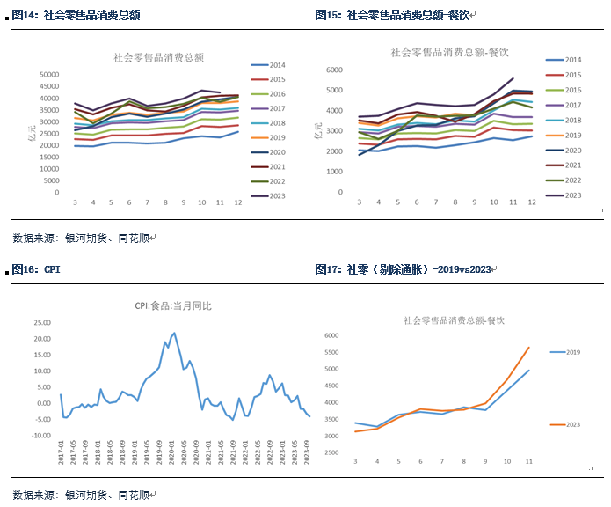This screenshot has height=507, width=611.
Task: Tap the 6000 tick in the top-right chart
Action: point(333,69)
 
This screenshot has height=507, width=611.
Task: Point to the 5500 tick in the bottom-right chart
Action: point(331,352)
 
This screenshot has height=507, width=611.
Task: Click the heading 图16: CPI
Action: point(37,269)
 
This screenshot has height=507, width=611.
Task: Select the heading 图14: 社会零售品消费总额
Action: point(76,15)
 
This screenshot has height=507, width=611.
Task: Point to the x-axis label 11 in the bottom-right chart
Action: point(529,460)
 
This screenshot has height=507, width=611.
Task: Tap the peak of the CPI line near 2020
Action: point(174,333)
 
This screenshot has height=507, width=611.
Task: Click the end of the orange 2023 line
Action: point(529,347)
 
